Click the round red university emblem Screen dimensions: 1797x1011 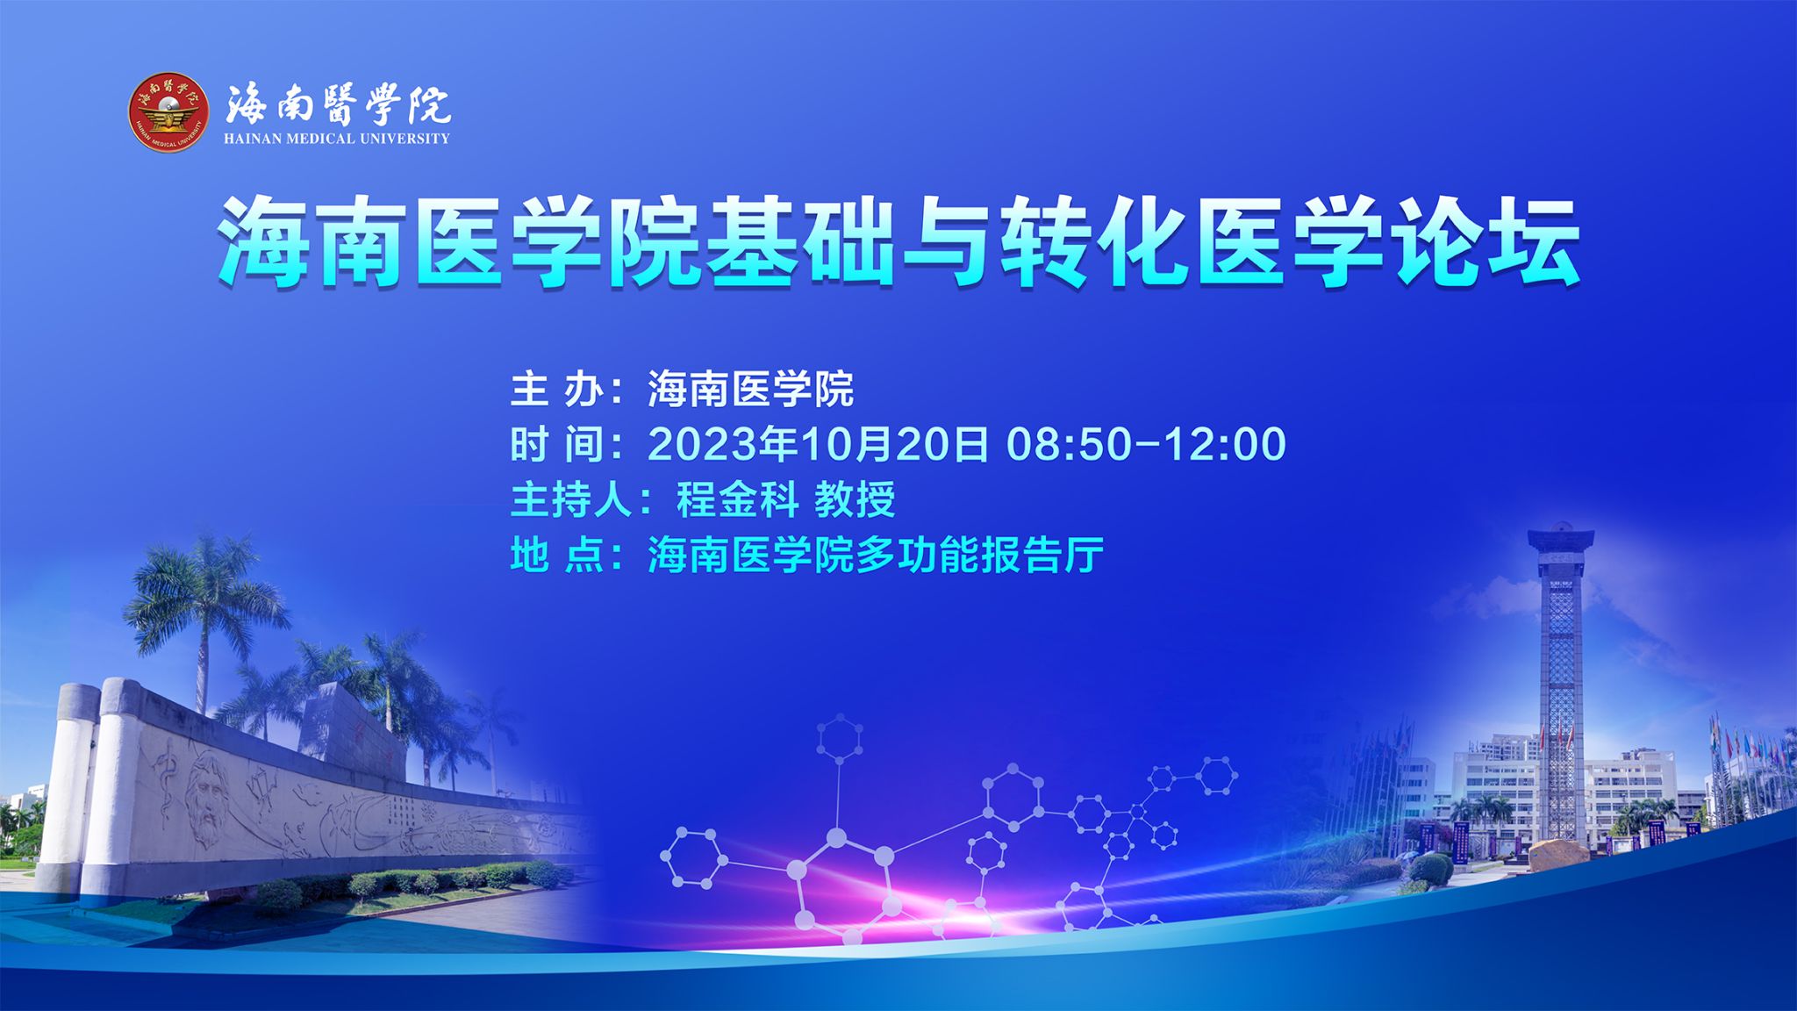(169, 111)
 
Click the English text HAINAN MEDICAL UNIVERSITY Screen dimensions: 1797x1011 (336, 139)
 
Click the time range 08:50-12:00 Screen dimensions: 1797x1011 (1146, 444)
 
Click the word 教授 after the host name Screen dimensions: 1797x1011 (855, 500)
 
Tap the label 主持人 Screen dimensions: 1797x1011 (571, 500)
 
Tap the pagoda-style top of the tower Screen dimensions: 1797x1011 (1560, 537)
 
